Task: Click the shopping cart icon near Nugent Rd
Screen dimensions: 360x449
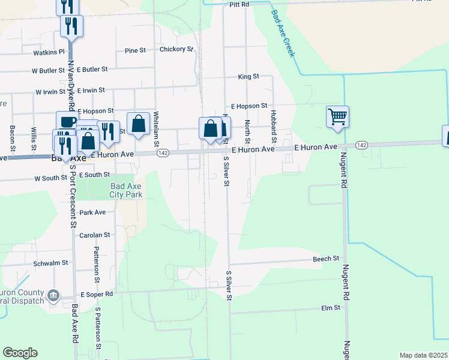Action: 338,116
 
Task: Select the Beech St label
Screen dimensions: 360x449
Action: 326,259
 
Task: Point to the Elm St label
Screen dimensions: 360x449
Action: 331,307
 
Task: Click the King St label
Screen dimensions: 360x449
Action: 248,76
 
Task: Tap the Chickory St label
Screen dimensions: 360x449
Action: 176,49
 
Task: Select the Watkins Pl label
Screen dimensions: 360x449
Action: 49,52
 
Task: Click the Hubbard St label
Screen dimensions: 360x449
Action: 273,122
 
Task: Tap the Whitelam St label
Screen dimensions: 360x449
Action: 155,128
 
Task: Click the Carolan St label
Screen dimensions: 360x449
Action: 95,235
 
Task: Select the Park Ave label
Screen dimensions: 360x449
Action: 92,212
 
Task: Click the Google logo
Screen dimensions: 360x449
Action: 20,353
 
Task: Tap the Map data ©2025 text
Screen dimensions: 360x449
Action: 423,355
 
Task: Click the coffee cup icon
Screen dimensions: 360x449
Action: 67,121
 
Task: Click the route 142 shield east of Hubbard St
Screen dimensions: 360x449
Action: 361,145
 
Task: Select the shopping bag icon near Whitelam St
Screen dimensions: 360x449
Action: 139,124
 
